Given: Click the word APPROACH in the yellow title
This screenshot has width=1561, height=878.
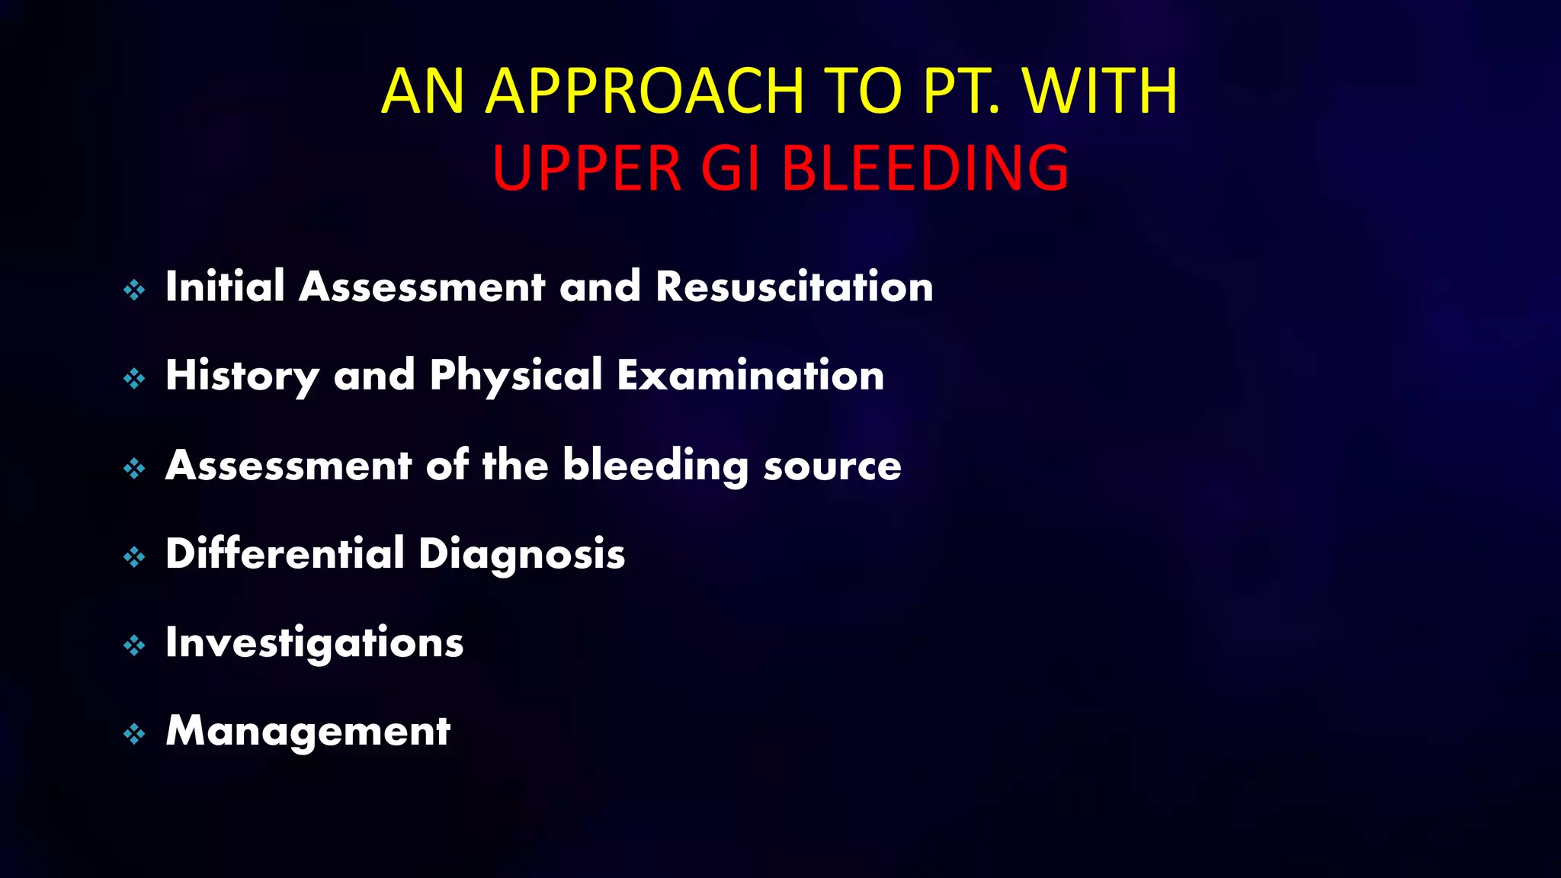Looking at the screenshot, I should click(645, 91).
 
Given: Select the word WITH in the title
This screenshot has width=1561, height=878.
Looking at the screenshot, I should click(1101, 91).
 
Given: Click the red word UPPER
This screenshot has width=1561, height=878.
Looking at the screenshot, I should click(586, 168).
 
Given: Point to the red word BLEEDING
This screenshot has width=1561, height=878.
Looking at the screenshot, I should click(925, 168).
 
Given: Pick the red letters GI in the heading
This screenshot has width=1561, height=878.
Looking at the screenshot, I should click(730, 168).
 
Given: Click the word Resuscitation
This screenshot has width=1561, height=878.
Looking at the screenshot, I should click(794, 287).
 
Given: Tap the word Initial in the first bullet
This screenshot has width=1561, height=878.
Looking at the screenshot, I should click(225, 287).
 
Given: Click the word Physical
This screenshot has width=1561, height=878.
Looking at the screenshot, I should click(516, 375).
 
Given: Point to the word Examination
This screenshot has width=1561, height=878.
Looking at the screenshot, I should click(751, 375).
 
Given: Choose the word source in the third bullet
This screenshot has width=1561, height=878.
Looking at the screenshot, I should click(832, 466).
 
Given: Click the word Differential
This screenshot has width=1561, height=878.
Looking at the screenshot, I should click(284, 553).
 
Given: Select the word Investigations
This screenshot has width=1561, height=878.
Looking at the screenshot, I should click(314, 643).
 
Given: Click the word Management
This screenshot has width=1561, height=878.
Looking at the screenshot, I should click(308, 732).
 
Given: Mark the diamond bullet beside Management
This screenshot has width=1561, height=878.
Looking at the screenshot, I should click(134, 734).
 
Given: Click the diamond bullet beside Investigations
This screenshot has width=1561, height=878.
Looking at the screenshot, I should click(134, 646).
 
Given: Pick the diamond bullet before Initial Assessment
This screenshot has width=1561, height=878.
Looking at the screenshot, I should click(134, 290).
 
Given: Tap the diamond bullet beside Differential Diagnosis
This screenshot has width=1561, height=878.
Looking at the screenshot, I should click(134, 557).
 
